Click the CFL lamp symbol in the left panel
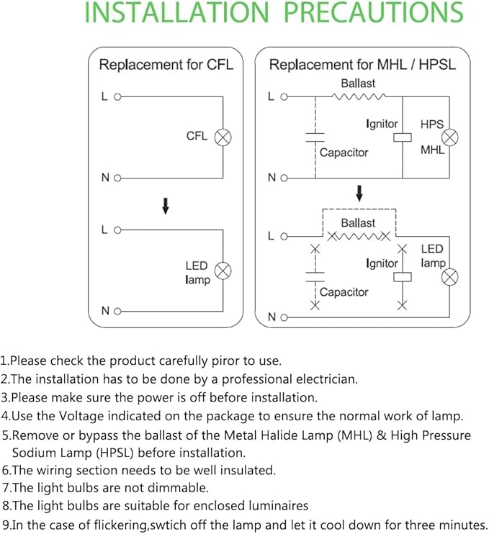tap(223, 136)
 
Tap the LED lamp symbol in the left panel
tap(223, 271)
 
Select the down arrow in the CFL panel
tap(166, 206)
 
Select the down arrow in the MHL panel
tap(359, 193)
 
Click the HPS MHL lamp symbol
tap(450, 137)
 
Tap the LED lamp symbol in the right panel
tap(450, 276)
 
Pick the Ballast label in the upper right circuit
tap(358, 83)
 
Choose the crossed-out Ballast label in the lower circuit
tap(358, 223)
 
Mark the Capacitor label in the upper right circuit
tap(344, 153)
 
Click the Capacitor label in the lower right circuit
tap(344, 292)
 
